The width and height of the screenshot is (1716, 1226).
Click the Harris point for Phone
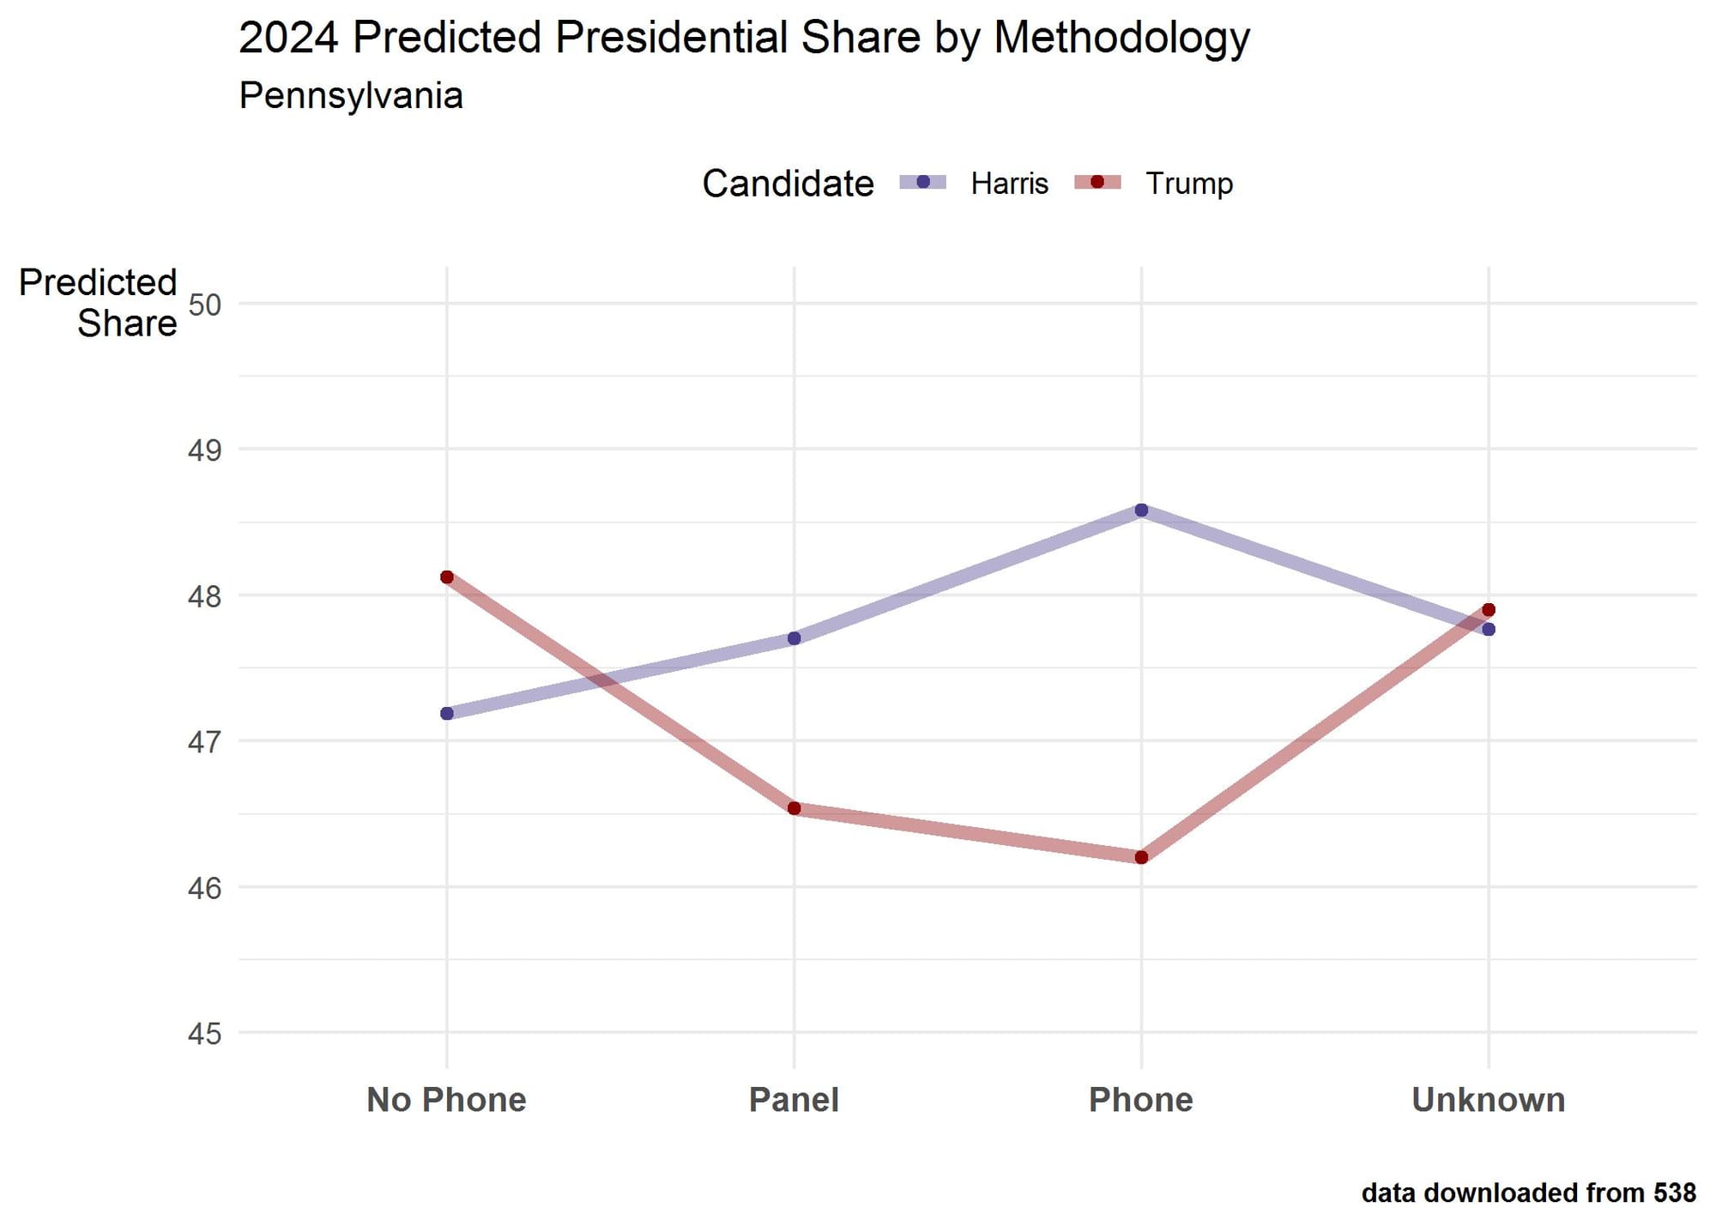tap(1141, 510)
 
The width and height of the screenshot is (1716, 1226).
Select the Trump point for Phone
tap(1141, 857)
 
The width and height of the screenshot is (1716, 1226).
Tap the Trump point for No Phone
tap(447, 577)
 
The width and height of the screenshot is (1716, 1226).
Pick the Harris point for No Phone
tap(447, 713)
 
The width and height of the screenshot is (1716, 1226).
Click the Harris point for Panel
tap(794, 638)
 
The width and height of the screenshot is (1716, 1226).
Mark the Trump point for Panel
tap(794, 808)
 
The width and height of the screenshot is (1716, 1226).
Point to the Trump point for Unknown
tap(1489, 610)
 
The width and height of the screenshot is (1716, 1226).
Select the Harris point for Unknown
tap(1489, 630)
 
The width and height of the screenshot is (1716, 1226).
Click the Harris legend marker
tap(923, 182)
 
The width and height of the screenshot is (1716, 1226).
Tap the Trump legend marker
tap(1097, 182)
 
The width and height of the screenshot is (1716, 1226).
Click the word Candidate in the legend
tap(787, 184)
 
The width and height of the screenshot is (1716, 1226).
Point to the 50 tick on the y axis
tap(204, 305)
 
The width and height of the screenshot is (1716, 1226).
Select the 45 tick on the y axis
tap(204, 1034)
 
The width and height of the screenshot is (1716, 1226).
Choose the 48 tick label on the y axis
tap(204, 596)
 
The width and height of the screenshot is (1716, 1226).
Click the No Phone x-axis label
tap(446, 1100)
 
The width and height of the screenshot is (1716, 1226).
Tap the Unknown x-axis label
tap(1488, 1100)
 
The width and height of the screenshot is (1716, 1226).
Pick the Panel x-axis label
tap(794, 1100)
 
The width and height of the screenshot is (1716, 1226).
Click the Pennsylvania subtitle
tap(351, 95)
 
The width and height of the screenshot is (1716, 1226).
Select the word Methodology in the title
tap(1121, 39)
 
